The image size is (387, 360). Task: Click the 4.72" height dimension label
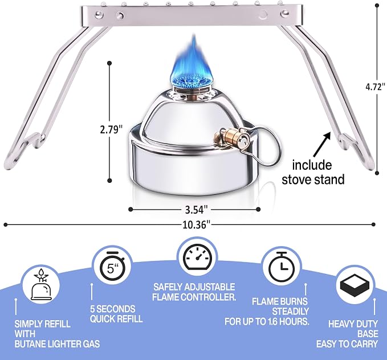click(x=375, y=87)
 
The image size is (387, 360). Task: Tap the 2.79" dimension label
click(x=111, y=129)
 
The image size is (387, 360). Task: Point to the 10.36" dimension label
click(x=197, y=225)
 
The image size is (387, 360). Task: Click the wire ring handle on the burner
click(x=266, y=145)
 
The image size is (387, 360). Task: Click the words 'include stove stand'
click(x=313, y=173)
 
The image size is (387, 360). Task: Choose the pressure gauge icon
click(x=197, y=257)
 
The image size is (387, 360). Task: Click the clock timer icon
click(x=282, y=267)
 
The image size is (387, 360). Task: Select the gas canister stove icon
click(x=41, y=284)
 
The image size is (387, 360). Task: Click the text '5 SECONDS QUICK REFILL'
click(x=116, y=314)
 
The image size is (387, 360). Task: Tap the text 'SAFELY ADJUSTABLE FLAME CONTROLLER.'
click(x=194, y=292)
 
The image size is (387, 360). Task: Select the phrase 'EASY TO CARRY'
click(x=347, y=344)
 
